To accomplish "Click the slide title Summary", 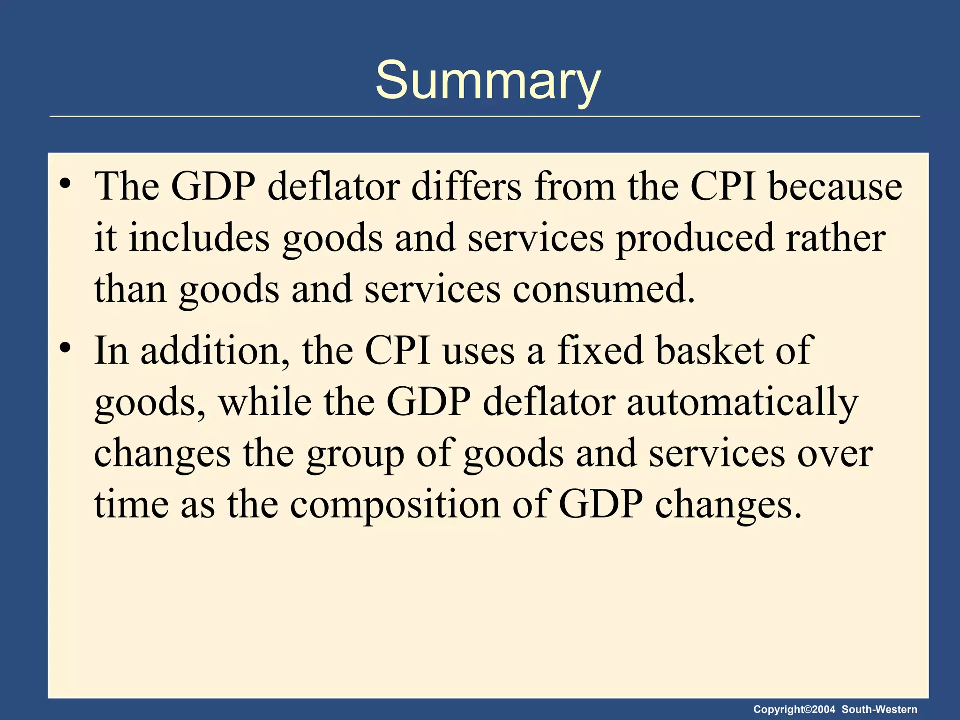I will click(487, 81).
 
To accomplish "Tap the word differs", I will click(466, 187).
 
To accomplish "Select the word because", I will click(835, 187).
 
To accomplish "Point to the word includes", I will click(199, 238).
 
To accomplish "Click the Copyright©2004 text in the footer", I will click(794, 710).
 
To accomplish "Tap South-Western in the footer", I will click(879, 710).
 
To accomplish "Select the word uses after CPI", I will click(479, 352).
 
